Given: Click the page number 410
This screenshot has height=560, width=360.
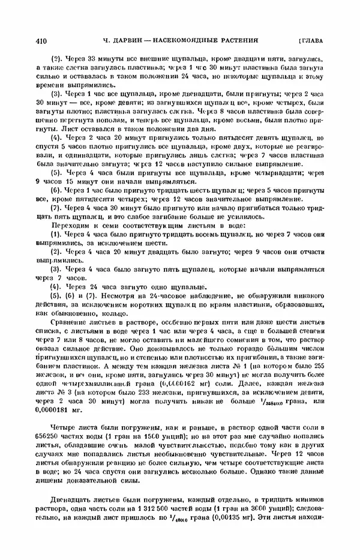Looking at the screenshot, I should [x=42, y=41].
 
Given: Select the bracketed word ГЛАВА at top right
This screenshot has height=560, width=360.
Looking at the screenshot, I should [x=310, y=41].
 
